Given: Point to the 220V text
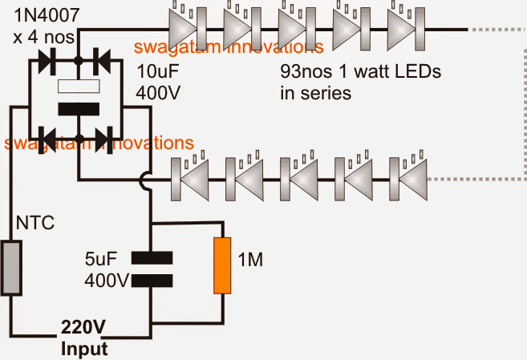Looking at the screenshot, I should pos(83,330).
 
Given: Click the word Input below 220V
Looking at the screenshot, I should pos(83,349).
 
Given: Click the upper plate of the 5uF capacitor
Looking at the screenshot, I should pos(151,258).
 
